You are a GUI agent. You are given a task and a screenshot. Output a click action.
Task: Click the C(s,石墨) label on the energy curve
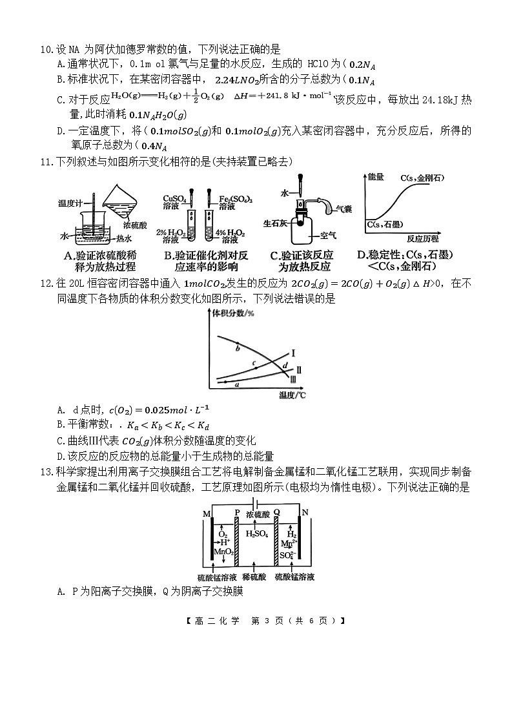click(x=386, y=224)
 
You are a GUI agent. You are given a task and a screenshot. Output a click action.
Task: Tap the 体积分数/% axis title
click(x=236, y=313)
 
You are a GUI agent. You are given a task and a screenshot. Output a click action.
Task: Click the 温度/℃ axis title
click(x=292, y=395)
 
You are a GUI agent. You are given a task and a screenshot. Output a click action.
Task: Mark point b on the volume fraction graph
click(x=238, y=348)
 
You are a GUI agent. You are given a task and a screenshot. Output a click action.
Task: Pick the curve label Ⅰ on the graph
click(x=293, y=353)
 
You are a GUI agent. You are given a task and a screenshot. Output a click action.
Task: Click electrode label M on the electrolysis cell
click(x=207, y=513)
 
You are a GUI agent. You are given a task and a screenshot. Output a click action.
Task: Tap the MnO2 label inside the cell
click(x=223, y=551)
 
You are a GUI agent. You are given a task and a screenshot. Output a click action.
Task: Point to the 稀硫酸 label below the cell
click(x=256, y=576)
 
